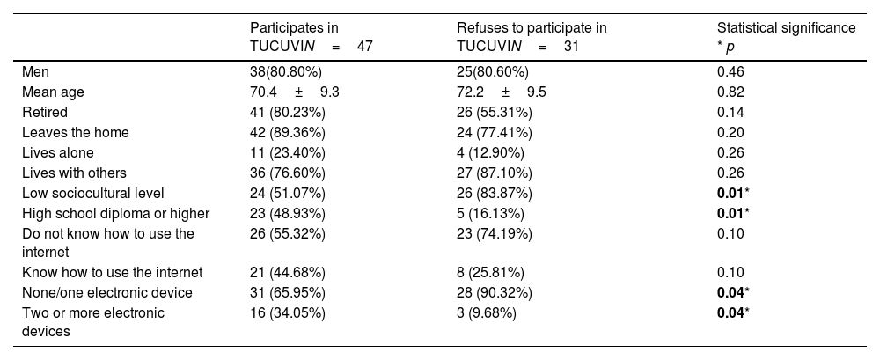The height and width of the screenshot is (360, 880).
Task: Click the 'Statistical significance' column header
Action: click(786, 37)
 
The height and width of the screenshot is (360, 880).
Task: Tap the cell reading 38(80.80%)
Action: click(286, 72)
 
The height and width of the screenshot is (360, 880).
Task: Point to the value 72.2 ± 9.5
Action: click(502, 92)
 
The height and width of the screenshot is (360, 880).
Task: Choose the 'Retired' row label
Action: click(45, 113)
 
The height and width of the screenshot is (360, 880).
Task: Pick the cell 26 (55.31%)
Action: click(495, 113)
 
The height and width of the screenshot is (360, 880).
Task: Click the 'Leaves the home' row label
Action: click(76, 133)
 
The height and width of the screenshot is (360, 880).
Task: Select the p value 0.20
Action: click(730, 133)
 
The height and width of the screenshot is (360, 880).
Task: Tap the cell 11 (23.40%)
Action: click(288, 153)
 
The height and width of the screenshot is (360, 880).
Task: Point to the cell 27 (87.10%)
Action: click(495, 173)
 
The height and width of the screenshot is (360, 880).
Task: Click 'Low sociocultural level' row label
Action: click(93, 193)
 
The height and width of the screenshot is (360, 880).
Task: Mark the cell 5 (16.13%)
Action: click(490, 213)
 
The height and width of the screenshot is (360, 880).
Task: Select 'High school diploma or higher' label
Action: click(115, 213)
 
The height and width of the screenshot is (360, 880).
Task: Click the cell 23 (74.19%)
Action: click(495, 233)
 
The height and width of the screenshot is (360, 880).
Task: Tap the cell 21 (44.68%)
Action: click(288, 272)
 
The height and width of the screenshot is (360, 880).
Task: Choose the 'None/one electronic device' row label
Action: click(107, 292)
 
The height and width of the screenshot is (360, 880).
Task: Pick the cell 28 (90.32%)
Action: click(495, 292)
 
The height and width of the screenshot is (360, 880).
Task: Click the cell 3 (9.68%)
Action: click(487, 312)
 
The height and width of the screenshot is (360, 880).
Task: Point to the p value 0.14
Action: click(730, 113)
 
